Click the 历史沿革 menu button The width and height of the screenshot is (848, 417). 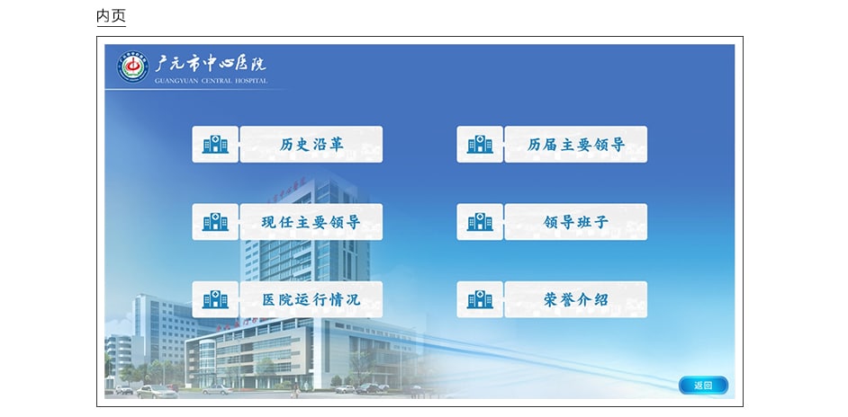pos(311,144)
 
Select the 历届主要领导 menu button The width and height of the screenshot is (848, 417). pos(575,144)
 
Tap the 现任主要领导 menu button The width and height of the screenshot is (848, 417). pos(311,222)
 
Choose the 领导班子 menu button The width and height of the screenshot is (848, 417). pos(575,222)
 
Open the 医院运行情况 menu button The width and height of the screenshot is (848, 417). pos(311,299)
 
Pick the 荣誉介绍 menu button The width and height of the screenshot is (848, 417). pos(575,299)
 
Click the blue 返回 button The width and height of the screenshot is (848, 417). pos(703,386)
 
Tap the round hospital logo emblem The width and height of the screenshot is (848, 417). pos(133,67)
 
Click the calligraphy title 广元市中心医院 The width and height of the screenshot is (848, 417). pos(211,64)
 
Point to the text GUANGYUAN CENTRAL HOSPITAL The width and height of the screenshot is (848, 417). pos(211,81)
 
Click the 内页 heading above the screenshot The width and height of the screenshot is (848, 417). pos(111,15)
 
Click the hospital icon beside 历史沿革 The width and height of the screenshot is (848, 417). pos(215,144)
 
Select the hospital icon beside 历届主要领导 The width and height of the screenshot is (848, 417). pos(480,144)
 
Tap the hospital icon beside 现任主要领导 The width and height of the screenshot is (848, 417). pos(215,222)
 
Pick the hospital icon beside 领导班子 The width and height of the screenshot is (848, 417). pos(480,222)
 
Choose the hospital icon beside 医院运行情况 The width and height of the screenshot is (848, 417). pos(215,299)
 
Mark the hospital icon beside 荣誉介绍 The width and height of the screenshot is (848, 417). pos(480,299)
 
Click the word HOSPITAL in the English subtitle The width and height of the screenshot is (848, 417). pos(251,81)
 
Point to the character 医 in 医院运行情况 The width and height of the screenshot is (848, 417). pos(269,299)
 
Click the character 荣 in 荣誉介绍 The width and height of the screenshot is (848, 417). pos(551,299)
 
